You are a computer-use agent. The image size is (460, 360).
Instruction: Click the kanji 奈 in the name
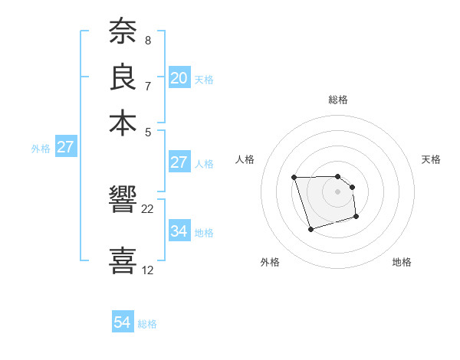click(123, 32)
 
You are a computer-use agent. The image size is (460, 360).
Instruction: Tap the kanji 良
click(123, 77)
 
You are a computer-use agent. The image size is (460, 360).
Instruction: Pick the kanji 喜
click(123, 260)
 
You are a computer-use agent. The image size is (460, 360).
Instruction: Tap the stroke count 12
click(148, 270)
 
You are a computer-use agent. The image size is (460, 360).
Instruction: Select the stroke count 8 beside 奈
click(148, 40)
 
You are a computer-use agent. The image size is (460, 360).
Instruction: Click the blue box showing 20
click(179, 78)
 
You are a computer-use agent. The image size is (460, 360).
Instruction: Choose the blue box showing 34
click(179, 231)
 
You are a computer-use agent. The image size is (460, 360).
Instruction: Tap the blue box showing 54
click(123, 322)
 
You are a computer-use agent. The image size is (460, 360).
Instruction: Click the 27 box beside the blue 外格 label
click(65, 147)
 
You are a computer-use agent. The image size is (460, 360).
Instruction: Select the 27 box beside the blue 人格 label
click(179, 162)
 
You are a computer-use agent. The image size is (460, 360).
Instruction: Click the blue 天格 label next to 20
click(204, 80)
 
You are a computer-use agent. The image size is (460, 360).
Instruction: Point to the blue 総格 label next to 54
click(147, 324)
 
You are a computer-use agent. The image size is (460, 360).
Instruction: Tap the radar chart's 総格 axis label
click(338, 100)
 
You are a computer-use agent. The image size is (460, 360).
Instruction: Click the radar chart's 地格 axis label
click(402, 262)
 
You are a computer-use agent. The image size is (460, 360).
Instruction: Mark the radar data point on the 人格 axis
click(294, 178)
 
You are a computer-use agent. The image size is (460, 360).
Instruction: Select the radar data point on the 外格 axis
click(310, 229)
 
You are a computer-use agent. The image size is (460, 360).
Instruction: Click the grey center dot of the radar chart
click(338, 191)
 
